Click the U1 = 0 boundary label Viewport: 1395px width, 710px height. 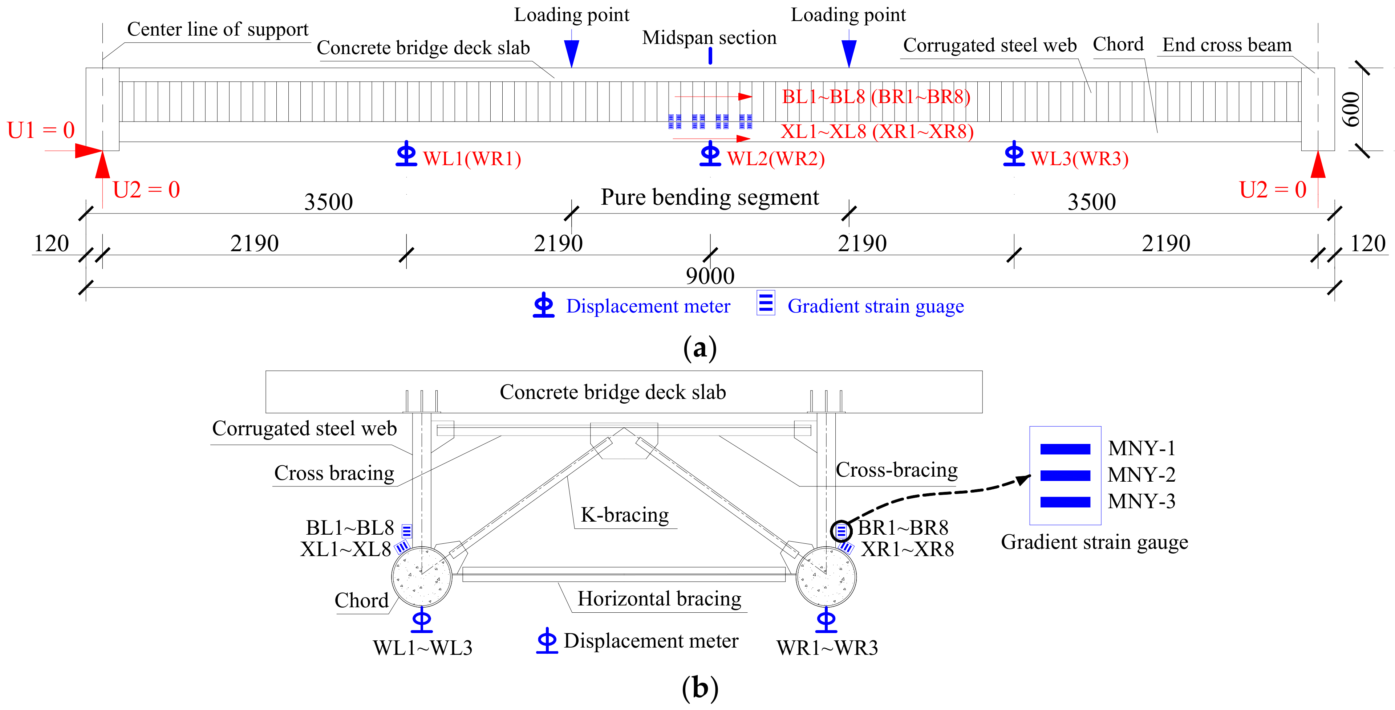(41, 130)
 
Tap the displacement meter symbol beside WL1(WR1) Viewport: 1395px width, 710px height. (406, 154)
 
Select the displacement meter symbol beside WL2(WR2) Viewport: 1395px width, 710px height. (710, 154)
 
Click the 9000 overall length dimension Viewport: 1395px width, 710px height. (710, 276)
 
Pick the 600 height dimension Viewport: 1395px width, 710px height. (1352, 109)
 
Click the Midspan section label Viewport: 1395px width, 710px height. (709, 38)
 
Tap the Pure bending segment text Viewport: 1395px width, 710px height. (710, 197)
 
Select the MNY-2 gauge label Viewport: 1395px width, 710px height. (1141, 474)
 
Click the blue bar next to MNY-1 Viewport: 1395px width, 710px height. (1065, 449)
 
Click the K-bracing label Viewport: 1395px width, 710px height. (624, 515)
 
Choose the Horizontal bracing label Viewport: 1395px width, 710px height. (660, 599)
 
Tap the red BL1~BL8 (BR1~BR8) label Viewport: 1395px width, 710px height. (876, 97)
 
